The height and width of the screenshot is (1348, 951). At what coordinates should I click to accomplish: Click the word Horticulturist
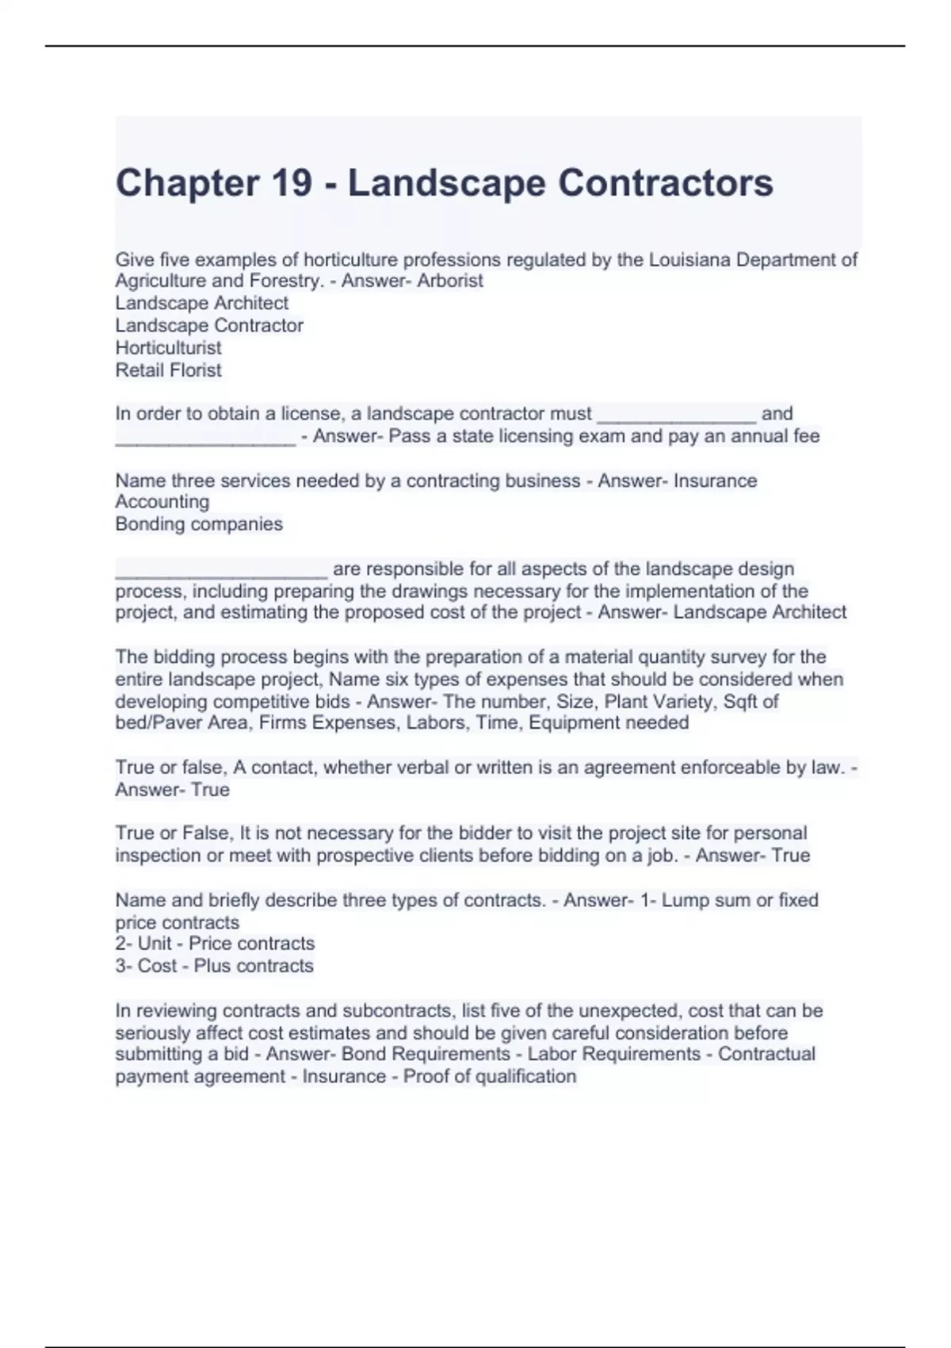click(x=168, y=347)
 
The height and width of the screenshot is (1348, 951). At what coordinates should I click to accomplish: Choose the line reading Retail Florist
click(x=168, y=370)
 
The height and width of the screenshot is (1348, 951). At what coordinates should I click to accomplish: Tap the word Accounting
click(x=162, y=501)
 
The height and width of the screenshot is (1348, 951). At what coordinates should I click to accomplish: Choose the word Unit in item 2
click(x=155, y=944)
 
